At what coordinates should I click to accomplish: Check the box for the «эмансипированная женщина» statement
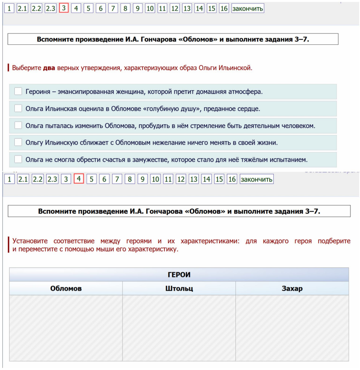(x=18, y=91)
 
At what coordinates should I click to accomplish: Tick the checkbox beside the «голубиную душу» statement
(x=18, y=108)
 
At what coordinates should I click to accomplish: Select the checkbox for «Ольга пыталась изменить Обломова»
(x=18, y=125)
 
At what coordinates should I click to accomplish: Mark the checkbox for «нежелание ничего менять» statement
(x=18, y=142)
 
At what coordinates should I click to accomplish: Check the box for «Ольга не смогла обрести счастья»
(x=18, y=159)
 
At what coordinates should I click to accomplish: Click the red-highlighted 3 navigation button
(x=63, y=8)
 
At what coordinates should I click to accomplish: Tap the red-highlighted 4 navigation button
(x=79, y=179)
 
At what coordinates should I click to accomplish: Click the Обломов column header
(x=66, y=289)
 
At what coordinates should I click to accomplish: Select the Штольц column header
(x=179, y=289)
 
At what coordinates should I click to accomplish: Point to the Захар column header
(x=292, y=289)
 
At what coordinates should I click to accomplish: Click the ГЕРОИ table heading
(x=179, y=275)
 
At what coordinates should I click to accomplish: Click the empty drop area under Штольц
(x=179, y=328)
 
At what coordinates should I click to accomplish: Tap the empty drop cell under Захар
(x=292, y=328)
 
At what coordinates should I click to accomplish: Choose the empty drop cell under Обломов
(x=66, y=328)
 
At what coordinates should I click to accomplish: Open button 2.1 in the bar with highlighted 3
(x=22, y=8)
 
